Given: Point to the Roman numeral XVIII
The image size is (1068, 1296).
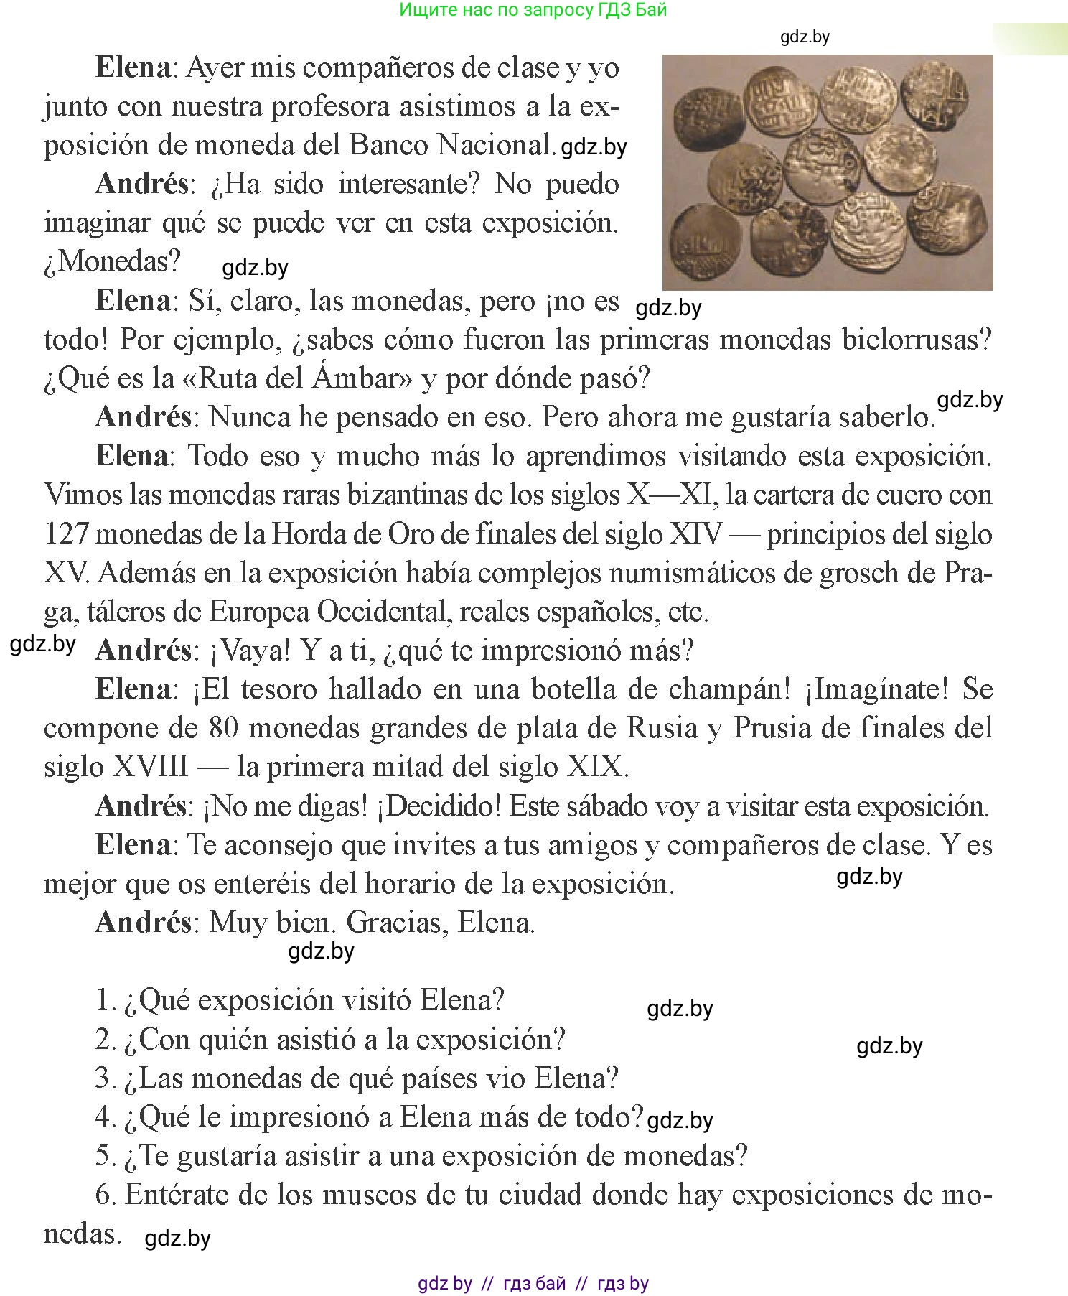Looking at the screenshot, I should tap(150, 767).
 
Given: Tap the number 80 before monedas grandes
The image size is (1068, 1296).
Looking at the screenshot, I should tap(224, 728).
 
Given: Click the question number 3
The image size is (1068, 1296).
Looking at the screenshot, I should tap(105, 1078).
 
